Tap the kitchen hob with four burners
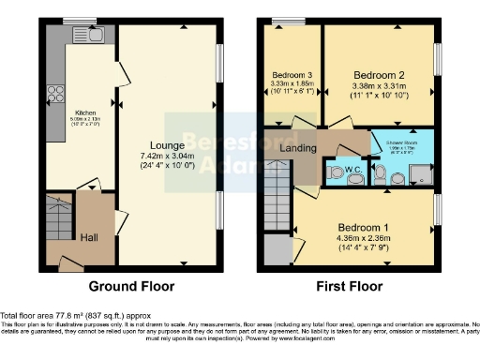tap(55, 94)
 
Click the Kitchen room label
tap(85, 112)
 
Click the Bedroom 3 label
tap(292, 74)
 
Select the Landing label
tap(298, 147)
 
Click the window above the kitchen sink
tap(73, 21)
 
